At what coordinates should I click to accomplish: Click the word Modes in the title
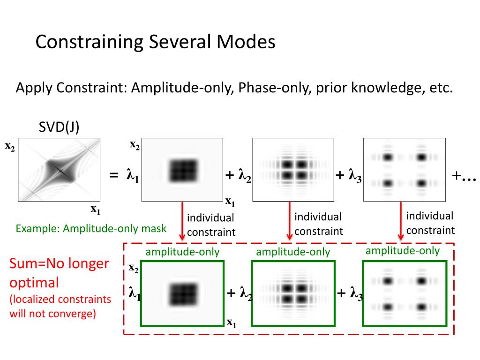[245, 42]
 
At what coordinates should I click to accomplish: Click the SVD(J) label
[59, 127]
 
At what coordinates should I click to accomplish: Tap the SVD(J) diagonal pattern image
[59, 170]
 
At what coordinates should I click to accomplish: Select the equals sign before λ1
[113, 176]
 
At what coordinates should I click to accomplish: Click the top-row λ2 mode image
[293, 170]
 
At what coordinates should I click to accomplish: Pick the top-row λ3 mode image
[404, 170]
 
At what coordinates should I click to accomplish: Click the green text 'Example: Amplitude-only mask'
[91, 229]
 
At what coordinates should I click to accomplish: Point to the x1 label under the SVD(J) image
[96, 210]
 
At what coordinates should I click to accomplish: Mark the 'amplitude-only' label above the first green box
[182, 252]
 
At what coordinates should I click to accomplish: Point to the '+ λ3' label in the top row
[349, 176]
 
